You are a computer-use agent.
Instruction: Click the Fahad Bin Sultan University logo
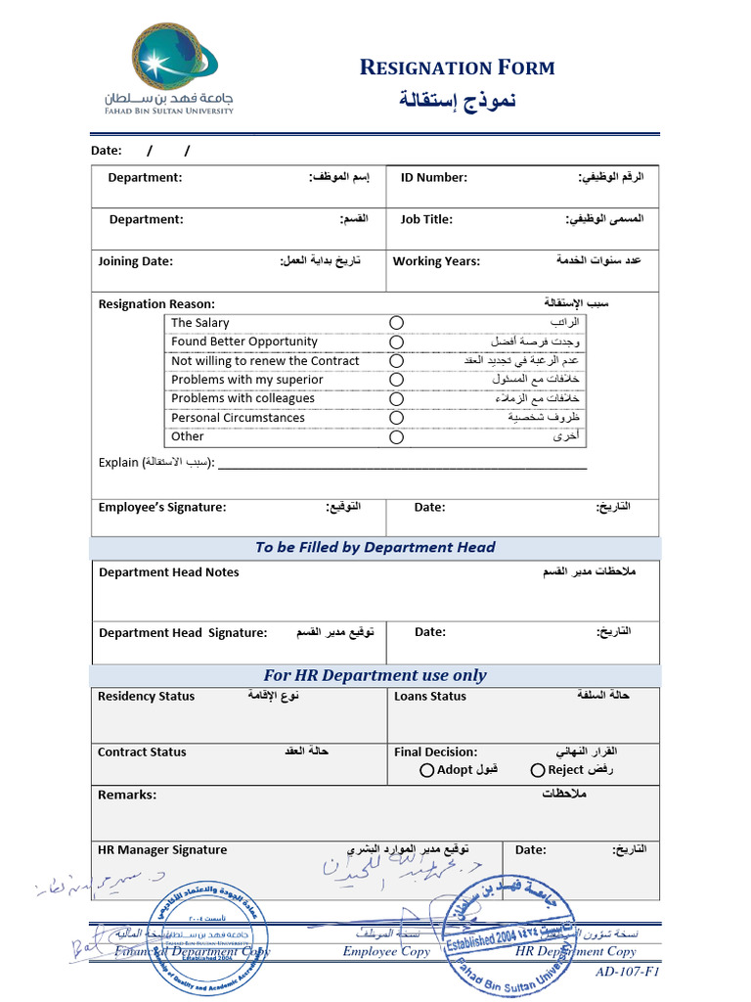pyautogui.click(x=169, y=69)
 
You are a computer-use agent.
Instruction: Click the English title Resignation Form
pyautogui.click(x=457, y=68)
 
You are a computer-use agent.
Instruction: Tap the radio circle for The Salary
pyautogui.click(x=396, y=323)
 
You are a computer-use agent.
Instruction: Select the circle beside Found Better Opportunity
pyautogui.click(x=396, y=342)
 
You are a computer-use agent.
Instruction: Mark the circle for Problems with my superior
pyautogui.click(x=396, y=380)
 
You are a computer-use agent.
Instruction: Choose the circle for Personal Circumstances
pyautogui.click(x=396, y=418)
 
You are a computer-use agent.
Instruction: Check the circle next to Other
pyautogui.click(x=396, y=437)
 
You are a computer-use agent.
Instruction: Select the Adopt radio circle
pyautogui.click(x=427, y=771)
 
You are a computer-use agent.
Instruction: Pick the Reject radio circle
pyautogui.click(x=538, y=771)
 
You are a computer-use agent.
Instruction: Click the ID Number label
pyautogui.click(x=433, y=178)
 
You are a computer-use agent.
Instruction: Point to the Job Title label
pyautogui.click(x=426, y=220)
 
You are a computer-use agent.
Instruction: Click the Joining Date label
pyautogui.click(x=135, y=261)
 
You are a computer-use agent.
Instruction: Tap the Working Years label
pyautogui.click(x=436, y=261)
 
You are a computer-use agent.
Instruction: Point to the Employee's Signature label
pyautogui.click(x=162, y=507)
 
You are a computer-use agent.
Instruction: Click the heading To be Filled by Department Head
pyautogui.click(x=375, y=548)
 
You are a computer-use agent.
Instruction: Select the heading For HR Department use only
pyautogui.click(x=375, y=675)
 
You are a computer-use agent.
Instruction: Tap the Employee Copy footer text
pyautogui.click(x=386, y=951)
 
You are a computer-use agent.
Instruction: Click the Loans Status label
pyautogui.click(x=430, y=697)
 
